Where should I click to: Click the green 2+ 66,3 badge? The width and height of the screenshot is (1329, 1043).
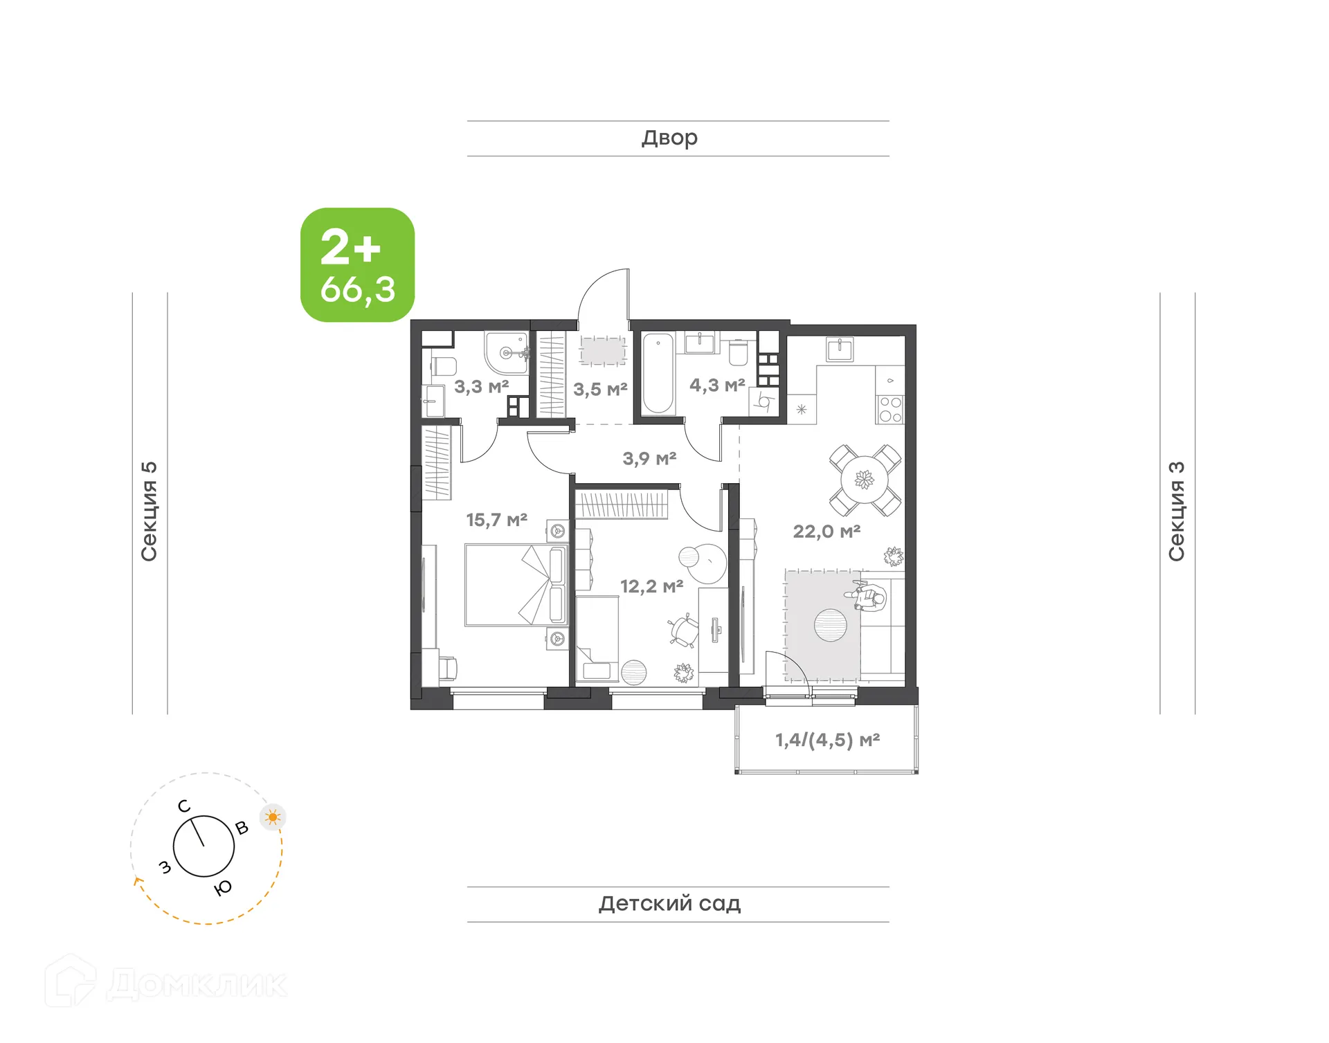click(x=357, y=265)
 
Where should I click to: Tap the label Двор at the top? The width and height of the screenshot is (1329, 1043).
click(x=669, y=138)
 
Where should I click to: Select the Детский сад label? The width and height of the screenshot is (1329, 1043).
click(x=669, y=903)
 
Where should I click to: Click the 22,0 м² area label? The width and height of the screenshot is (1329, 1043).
click(x=826, y=532)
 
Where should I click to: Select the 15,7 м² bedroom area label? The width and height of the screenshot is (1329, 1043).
click(x=496, y=519)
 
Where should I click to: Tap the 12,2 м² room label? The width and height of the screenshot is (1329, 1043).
click(x=651, y=586)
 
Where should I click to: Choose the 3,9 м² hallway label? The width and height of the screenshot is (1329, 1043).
click(x=649, y=458)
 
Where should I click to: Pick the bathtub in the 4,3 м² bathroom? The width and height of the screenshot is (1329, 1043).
click(x=658, y=374)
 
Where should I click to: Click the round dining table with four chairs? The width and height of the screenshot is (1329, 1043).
click(x=865, y=480)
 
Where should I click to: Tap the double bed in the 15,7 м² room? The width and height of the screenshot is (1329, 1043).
click(x=516, y=585)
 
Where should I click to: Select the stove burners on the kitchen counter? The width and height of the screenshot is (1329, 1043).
click(x=890, y=409)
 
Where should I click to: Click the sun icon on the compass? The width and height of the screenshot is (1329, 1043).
click(x=273, y=817)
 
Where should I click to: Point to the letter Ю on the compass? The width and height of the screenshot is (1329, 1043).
click(x=223, y=888)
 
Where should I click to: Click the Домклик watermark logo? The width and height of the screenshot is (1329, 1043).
click(x=166, y=983)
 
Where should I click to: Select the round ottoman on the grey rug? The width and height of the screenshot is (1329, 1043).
click(x=830, y=625)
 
